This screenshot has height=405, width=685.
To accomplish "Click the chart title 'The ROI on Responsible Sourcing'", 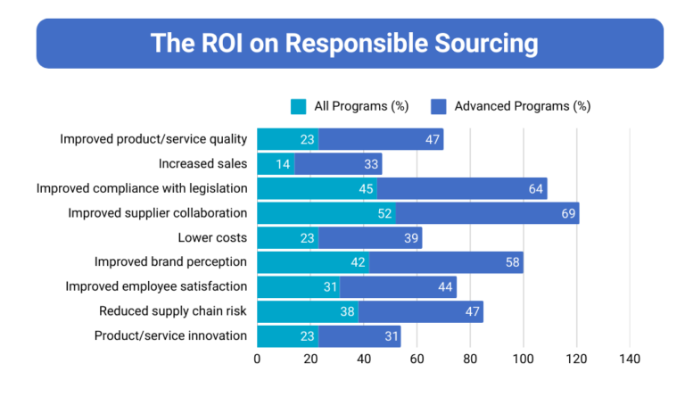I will click(343, 43).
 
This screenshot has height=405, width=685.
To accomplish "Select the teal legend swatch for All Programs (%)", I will click(299, 106).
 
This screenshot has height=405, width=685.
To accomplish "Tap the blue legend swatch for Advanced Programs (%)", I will click(439, 106).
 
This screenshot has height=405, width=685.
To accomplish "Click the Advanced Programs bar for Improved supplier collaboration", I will click(487, 213).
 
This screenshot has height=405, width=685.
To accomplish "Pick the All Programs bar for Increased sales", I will click(276, 164).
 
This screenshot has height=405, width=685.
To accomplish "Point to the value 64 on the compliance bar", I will click(534, 188).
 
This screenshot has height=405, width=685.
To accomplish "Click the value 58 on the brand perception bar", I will click(510, 262).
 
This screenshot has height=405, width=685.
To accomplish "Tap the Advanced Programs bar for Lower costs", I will click(370, 238).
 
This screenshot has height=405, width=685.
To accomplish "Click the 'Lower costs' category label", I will click(211, 237).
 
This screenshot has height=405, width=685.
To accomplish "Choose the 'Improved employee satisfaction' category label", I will click(156, 286).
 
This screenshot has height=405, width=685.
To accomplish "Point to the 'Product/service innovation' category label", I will click(169, 335).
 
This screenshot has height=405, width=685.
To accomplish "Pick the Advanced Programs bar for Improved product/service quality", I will click(381, 139).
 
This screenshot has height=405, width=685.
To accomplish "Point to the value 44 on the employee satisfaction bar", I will click(444, 287).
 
